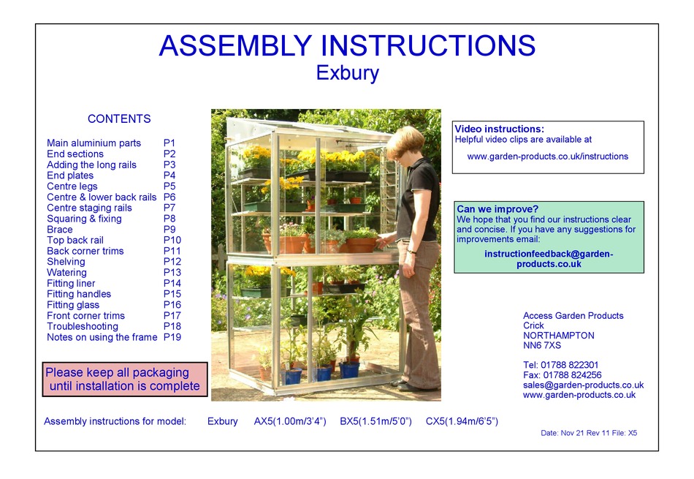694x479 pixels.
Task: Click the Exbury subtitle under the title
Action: pos(347,73)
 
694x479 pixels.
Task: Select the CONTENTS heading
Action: pos(119,119)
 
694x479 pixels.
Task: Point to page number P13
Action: pos(172,273)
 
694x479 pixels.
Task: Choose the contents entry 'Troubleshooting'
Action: pos(83,326)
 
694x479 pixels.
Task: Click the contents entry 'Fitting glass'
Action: pos(73,305)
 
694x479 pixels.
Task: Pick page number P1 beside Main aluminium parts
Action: pos(169,143)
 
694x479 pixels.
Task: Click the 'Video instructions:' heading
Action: pos(500,129)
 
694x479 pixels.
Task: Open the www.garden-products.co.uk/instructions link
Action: pos(548,156)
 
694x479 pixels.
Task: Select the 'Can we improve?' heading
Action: pos(497,209)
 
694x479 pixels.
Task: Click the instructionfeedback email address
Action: pos(549,259)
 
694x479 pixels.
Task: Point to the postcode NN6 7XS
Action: pos(542,346)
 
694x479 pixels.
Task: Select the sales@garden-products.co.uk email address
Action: pos(583,385)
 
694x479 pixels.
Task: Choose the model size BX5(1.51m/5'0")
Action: pos(375,421)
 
